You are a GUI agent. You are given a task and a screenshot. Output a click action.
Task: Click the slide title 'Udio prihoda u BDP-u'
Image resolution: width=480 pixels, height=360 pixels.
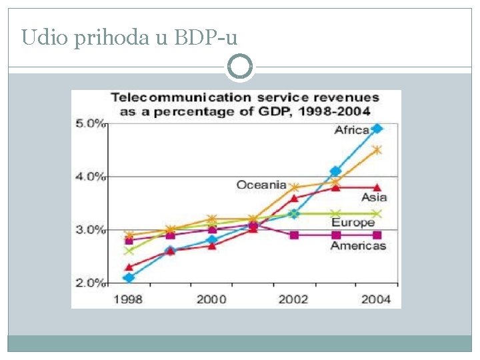129,37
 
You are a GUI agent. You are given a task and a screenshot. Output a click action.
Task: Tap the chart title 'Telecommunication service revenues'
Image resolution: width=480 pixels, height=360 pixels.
245,98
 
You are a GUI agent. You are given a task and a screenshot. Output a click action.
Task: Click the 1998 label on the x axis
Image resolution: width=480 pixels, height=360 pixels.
128,299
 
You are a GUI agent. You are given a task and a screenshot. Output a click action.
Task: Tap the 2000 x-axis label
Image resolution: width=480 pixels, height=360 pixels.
211,299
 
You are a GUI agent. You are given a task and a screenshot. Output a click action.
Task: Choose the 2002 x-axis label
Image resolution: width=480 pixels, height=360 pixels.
294,299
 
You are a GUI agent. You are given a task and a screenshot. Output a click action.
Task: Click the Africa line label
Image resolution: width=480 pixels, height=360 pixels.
351,130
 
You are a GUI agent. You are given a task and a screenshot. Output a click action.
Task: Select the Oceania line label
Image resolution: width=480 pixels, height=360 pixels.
261,185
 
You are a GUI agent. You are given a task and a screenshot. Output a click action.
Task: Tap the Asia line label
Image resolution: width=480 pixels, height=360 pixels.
374,197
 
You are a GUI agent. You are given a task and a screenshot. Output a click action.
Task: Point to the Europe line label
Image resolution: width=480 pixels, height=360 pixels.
353,223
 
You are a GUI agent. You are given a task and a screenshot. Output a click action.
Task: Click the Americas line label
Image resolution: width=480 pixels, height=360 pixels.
358,245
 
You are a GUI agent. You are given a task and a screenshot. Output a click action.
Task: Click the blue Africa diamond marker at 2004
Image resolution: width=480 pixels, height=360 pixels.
377,129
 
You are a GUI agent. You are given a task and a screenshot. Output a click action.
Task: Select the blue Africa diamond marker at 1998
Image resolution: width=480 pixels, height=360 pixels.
129,277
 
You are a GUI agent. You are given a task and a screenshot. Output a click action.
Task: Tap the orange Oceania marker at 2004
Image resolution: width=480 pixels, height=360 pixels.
377,150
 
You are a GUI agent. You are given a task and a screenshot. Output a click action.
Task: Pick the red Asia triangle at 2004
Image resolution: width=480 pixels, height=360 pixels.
377,187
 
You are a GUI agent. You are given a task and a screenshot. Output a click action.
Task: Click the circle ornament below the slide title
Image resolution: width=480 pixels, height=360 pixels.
240,67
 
